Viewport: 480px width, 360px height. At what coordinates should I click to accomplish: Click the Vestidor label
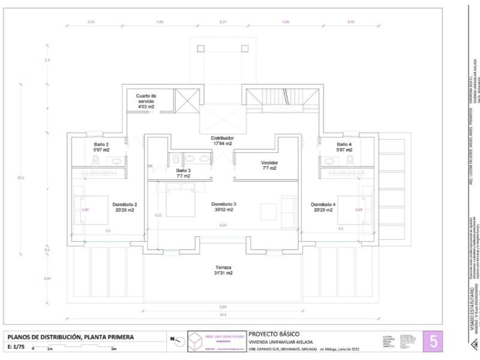point(269,166)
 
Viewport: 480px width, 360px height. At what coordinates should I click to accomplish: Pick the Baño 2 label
point(101,148)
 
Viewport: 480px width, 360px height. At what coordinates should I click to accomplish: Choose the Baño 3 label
point(183,173)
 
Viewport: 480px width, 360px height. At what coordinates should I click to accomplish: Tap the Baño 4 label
point(343,148)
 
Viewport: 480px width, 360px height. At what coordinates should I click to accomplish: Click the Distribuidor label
point(222,140)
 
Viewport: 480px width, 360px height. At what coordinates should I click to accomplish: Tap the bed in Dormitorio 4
point(352,209)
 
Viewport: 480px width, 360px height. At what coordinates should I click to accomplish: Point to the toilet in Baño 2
point(95,160)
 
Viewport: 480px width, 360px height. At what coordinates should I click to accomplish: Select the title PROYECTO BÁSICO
point(274,334)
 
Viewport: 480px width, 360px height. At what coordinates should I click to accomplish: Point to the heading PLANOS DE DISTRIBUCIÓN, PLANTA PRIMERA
point(70,337)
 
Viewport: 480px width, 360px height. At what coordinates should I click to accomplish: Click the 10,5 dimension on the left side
point(20,178)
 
